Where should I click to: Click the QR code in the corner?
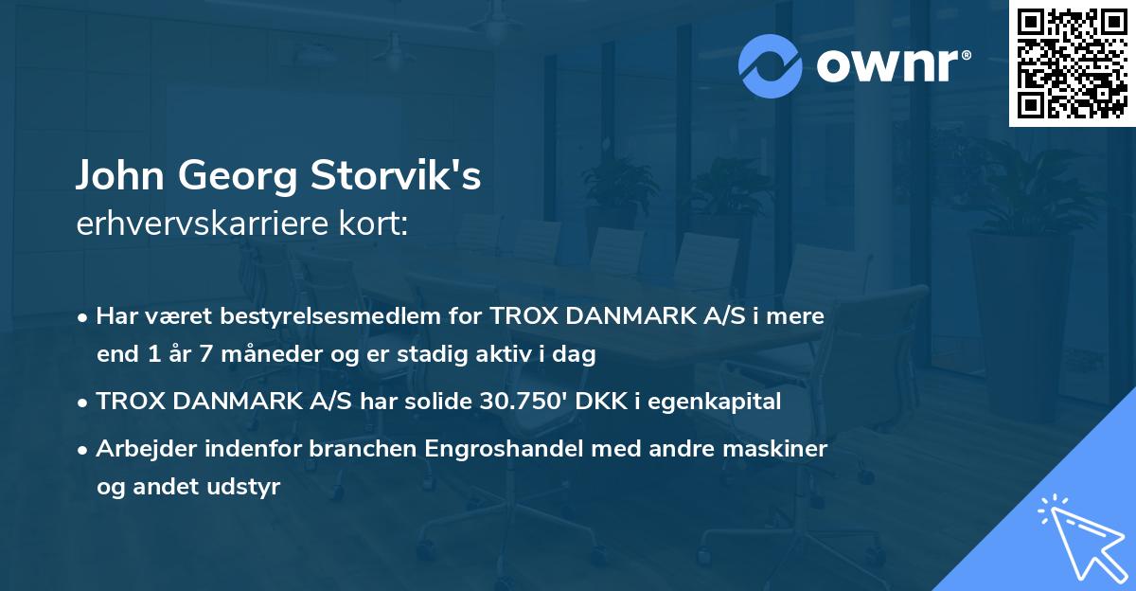pos(1073,63)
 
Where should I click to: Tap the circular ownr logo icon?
pos(771,65)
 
